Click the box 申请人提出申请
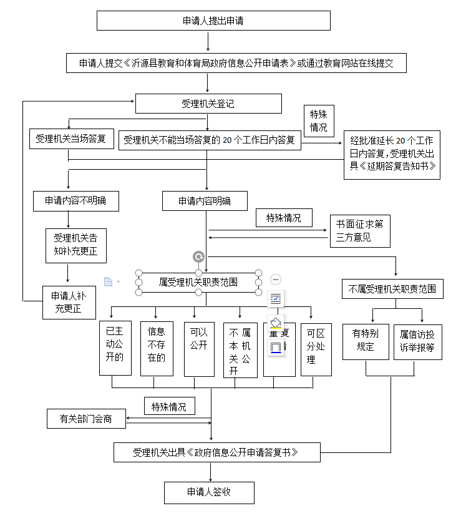pyautogui.click(x=213, y=21)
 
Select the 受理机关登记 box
pyautogui.click(x=208, y=104)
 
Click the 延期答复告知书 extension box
pyautogui.click(x=392, y=155)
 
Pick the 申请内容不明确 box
pyautogui.click(x=75, y=201)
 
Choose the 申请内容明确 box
pyautogui.click(x=205, y=201)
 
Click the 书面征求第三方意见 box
pyautogui.click(x=360, y=231)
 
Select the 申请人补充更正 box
pyautogui.click(x=69, y=302)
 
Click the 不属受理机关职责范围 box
pyautogui.click(x=392, y=289)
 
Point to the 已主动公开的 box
pyautogui.click(x=115, y=348)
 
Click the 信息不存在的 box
pyautogui.click(x=157, y=348)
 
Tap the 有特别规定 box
pyautogui.click(x=366, y=341)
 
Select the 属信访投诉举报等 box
pyautogui.click(x=417, y=341)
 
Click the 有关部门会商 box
pyautogui.click(x=87, y=418)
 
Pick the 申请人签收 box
pyautogui.click(x=209, y=492)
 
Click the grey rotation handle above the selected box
pyautogui.click(x=198, y=256)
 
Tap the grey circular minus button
pyautogui.click(x=276, y=280)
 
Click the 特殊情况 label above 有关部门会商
pyautogui.click(x=169, y=406)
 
